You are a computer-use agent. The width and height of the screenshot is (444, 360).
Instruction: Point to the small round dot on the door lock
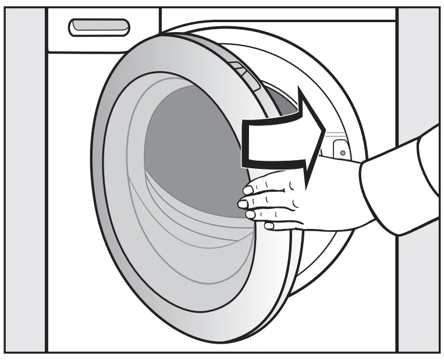[x=343, y=153]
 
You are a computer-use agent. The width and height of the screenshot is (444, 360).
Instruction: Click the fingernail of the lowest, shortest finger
[x=269, y=225]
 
